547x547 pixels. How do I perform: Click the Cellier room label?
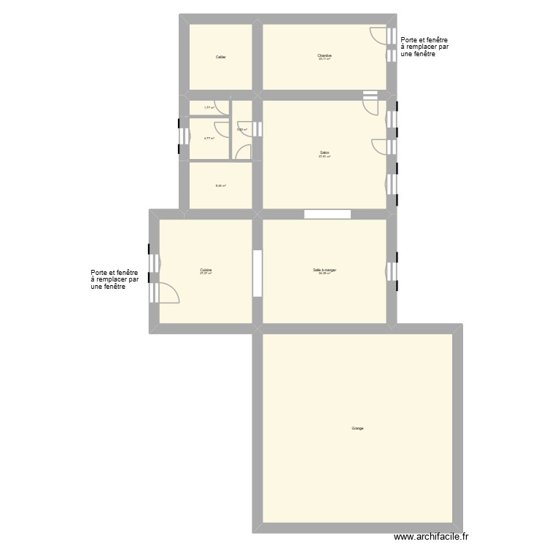point(220,57)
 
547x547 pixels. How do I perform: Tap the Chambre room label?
point(324,56)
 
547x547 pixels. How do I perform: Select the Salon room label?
point(324,154)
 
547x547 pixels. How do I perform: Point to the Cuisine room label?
point(206,271)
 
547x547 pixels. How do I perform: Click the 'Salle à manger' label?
point(324,271)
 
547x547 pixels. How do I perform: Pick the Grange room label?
point(357,428)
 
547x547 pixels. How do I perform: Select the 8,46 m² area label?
point(220,185)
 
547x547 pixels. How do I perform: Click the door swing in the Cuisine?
point(168,292)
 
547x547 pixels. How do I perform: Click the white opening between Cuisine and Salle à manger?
point(257,273)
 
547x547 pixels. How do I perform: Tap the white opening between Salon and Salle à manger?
point(327,214)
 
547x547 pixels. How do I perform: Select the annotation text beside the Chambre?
point(424,47)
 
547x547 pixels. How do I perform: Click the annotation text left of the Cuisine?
point(115,279)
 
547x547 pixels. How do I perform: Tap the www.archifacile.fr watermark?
point(433,537)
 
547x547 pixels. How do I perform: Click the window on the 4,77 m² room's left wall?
point(179,136)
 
